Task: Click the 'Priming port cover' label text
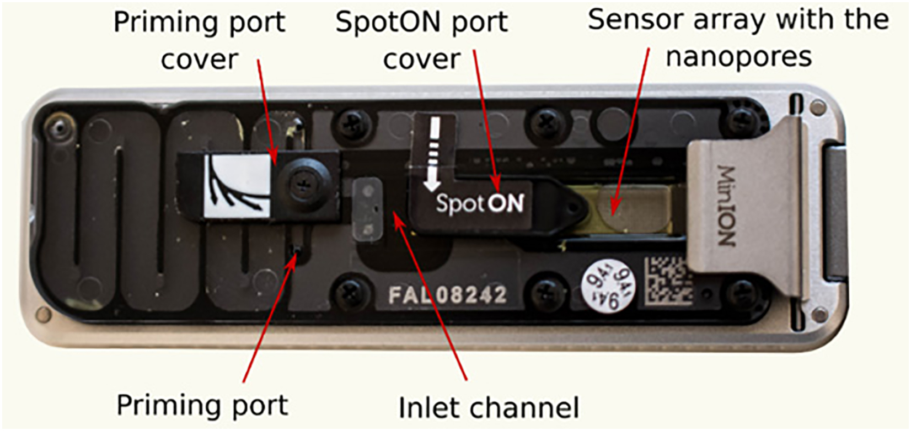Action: point(199,40)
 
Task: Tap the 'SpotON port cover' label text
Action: point(421,40)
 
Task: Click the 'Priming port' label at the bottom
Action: point(202,406)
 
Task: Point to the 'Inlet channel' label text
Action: point(489,408)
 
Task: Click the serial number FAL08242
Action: point(447,295)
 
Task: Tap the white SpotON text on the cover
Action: point(479,203)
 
